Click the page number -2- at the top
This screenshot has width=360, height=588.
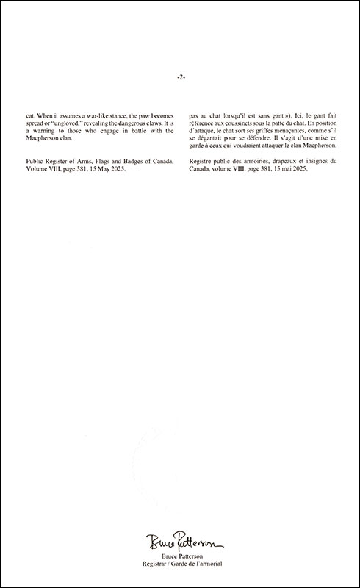click(180, 76)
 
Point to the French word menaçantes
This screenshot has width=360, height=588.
click(305, 131)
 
